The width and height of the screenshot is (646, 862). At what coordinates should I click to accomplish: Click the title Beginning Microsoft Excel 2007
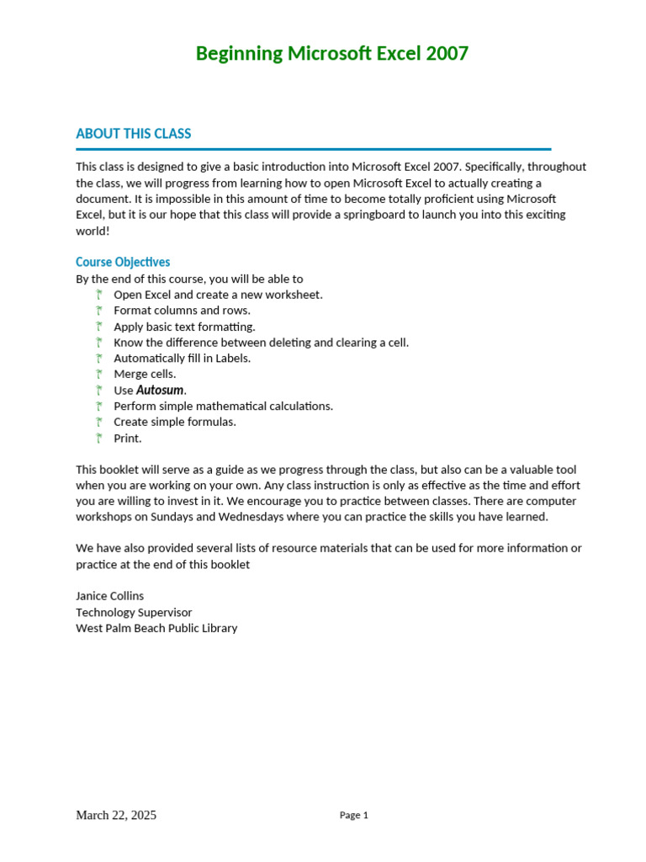click(331, 54)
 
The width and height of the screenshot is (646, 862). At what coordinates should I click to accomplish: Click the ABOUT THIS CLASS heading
click(133, 134)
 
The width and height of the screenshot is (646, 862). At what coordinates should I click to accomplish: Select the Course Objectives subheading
click(123, 262)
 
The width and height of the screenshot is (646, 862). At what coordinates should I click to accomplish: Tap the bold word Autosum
click(160, 390)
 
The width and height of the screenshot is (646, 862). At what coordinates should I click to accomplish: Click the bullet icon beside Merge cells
click(98, 374)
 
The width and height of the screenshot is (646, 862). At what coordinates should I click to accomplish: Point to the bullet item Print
click(128, 438)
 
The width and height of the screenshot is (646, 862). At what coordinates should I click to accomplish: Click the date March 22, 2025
click(116, 815)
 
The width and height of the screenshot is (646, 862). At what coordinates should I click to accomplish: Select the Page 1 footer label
click(353, 815)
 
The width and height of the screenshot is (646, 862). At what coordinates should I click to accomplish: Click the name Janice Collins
click(109, 596)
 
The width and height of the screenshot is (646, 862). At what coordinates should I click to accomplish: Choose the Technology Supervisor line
click(134, 612)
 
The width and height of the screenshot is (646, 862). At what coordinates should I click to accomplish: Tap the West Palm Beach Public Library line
click(156, 628)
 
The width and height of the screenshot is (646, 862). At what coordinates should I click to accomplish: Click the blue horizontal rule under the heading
click(313, 149)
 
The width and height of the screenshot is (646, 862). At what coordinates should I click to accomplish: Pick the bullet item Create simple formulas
click(175, 422)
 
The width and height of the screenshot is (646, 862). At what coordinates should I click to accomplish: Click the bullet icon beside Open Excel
click(98, 295)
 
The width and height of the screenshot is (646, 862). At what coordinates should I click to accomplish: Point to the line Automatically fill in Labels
click(182, 358)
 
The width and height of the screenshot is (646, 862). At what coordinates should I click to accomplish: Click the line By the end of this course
click(189, 279)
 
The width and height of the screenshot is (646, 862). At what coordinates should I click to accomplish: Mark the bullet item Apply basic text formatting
click(184, 327)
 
